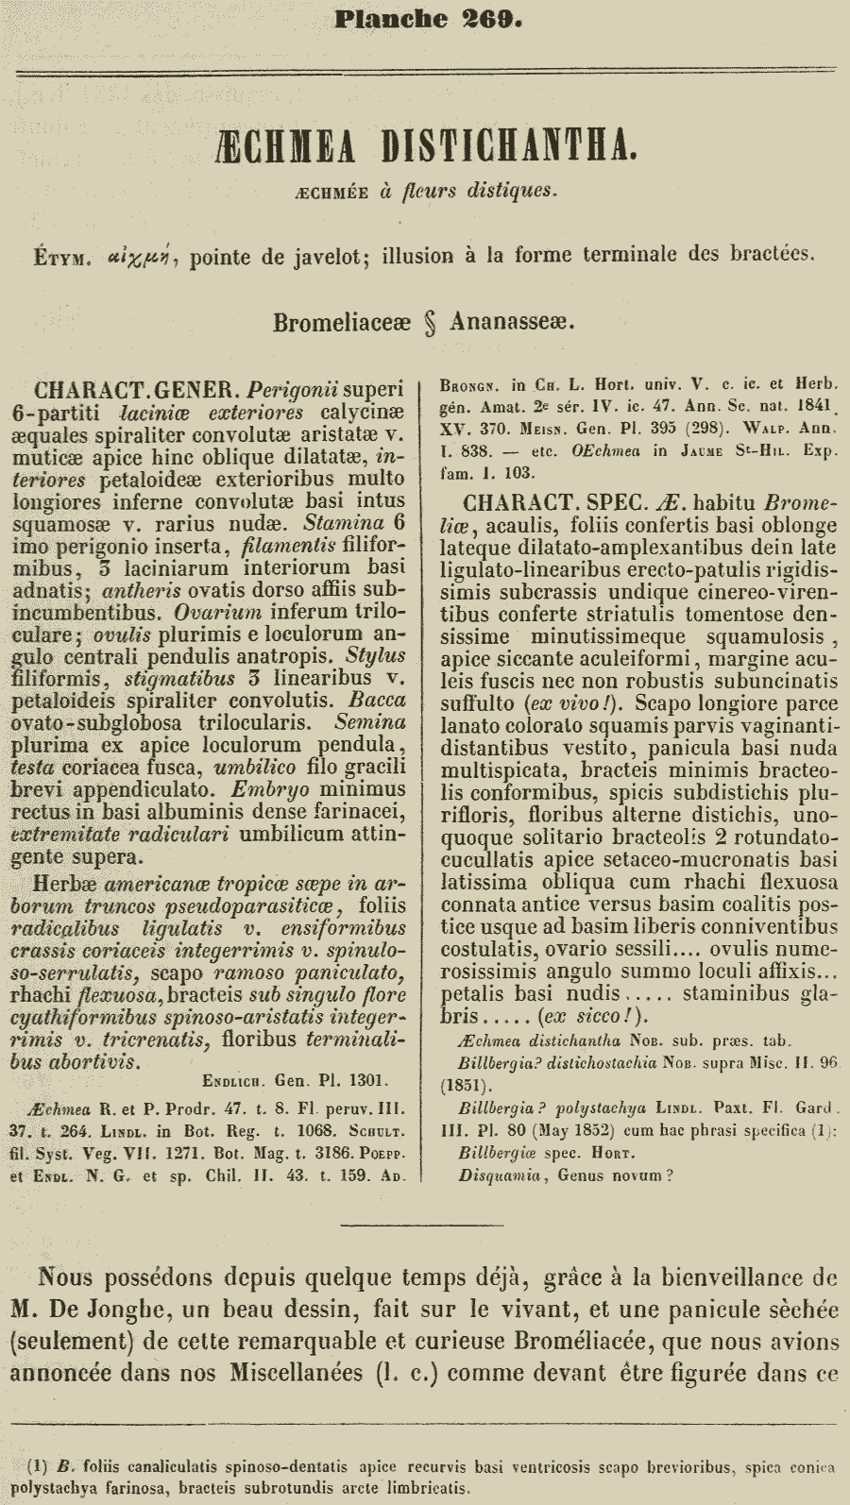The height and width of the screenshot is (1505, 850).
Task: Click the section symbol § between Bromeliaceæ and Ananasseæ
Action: [x=430, y=322]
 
